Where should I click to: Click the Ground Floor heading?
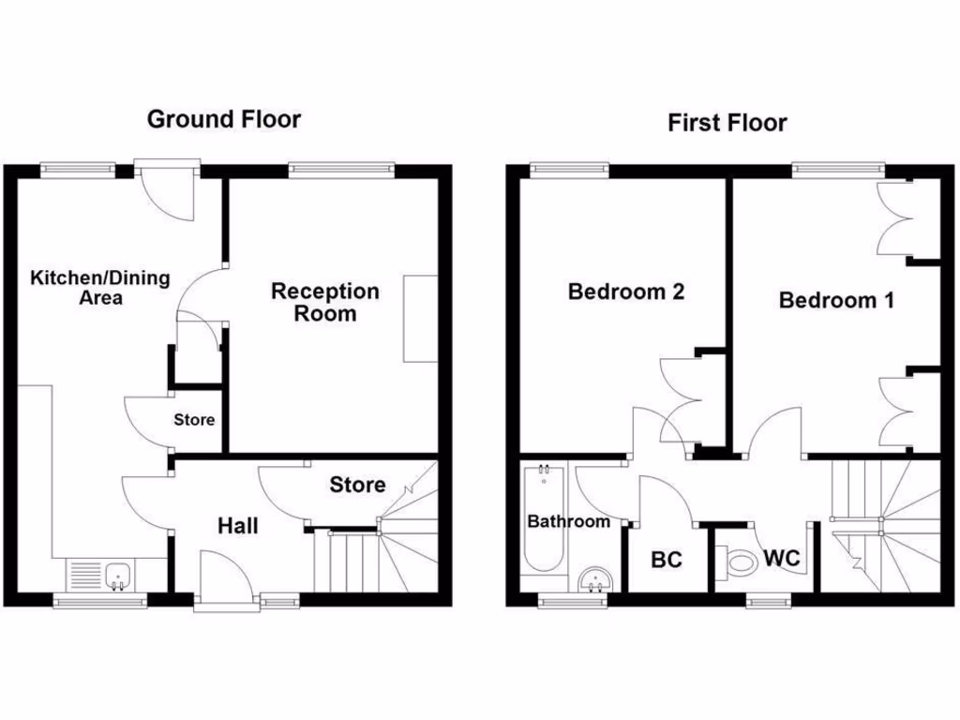coord(224,119)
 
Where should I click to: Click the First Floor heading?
coord(727,123)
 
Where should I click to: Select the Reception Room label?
coord(325,302)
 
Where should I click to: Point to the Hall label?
coord(238,526)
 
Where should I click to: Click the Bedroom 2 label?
coord(626,292)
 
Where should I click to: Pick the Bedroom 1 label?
coord(836,300)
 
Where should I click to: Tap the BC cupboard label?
coord(667,561)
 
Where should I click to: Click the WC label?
coord(781,559)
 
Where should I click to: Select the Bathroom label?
coord(568,521)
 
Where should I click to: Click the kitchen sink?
coord(118,575)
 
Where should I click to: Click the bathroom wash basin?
coord(593,579)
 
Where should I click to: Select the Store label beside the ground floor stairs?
coord(357,485)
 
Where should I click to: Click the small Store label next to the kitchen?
coord(194,420)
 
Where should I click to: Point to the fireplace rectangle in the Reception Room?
coord(420,319)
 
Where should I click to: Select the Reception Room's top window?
coord(340,170)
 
